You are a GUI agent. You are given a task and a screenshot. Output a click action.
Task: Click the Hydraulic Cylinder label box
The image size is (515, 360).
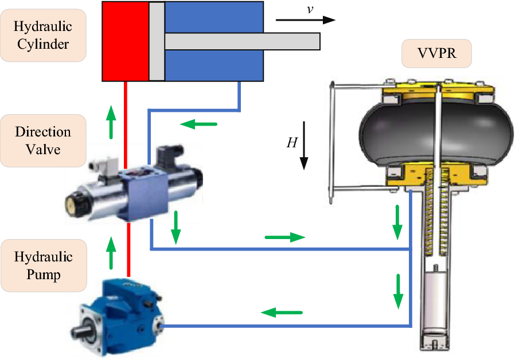click(x=43, y=34)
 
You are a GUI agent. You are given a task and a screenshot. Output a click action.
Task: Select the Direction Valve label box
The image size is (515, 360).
click(x=43, y=140)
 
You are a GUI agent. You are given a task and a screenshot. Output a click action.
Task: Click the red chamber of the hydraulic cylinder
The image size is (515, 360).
click(x=126, y=41)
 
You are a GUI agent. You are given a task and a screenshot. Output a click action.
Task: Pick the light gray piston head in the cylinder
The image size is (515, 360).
click(x=157, y=41)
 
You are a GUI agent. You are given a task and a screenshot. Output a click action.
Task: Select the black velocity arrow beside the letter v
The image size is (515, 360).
click(x=305, y=20)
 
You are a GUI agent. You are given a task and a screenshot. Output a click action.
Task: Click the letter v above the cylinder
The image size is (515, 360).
click(x=294, y=9)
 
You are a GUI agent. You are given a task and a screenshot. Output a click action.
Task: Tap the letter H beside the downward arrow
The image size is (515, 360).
click(x=291, y=143)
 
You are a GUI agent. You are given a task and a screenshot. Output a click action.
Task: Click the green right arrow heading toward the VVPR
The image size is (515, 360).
click(x=286, y=237)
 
